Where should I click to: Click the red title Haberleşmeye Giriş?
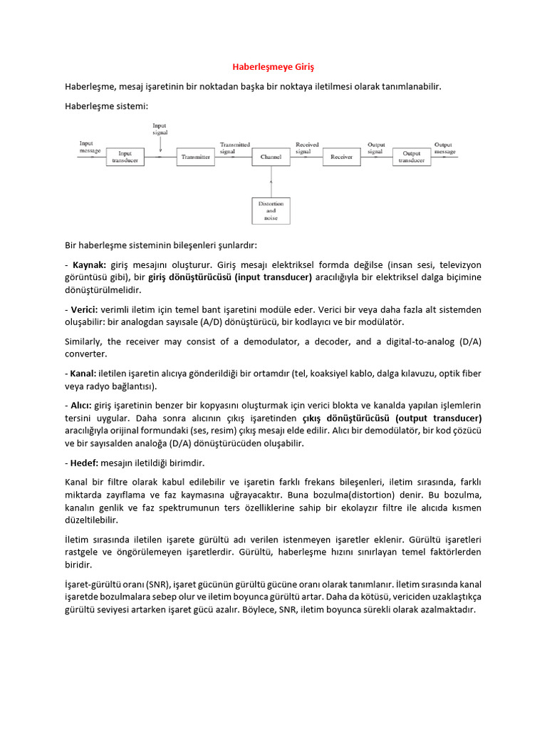pos(273,67)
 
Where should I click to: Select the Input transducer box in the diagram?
pos(125,157)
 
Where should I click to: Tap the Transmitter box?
pos(196,157)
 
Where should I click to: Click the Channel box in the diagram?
pos(271,157)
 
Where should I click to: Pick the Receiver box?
pos(341,157)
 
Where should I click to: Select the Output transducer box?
pos(412,157)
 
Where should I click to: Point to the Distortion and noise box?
pos(271,211)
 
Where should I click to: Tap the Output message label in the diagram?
pos(445,148)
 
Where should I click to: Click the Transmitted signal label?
pos(234,148)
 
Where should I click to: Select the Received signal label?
pos(307,148)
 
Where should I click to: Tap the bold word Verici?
pos(85,309)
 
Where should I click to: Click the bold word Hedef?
pos(85,463)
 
